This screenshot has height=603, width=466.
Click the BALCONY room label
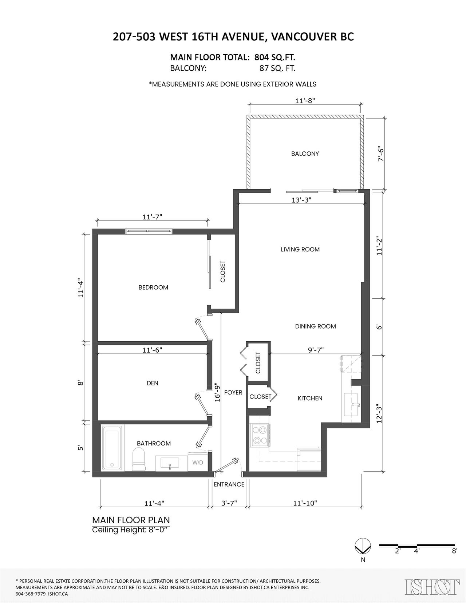305,154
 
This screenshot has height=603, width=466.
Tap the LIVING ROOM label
300,249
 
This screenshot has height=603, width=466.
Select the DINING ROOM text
315,326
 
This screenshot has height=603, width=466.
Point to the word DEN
153,383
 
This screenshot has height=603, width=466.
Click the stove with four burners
260,435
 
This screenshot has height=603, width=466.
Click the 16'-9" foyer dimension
218,392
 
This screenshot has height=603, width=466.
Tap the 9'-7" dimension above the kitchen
316,350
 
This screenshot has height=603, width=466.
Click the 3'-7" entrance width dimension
229,503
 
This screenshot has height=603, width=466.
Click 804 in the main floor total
262,57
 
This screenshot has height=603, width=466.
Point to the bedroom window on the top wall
149,231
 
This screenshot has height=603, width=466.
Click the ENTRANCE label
229,484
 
